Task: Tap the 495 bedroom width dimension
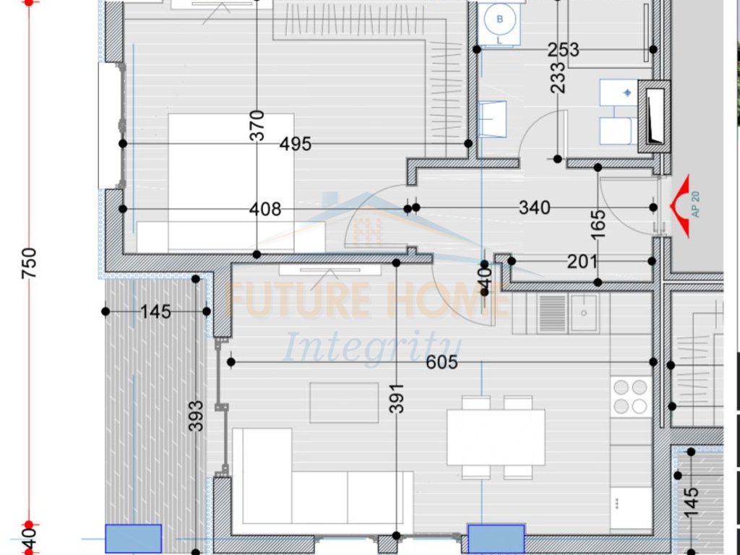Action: coord(296,144)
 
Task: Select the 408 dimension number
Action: coord(265,209)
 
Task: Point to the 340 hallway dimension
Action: coord(535,208)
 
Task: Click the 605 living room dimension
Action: coord(442,362)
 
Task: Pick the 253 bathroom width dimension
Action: coord(564,50)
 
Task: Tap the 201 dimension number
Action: coord(582,262)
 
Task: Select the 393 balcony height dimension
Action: coord(196,416)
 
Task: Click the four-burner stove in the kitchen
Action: coord(630,397)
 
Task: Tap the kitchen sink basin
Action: coord(583,312)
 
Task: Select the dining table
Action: coord(496,437)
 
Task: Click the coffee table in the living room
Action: coord(345,403)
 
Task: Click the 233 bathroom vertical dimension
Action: coord(558,77)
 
